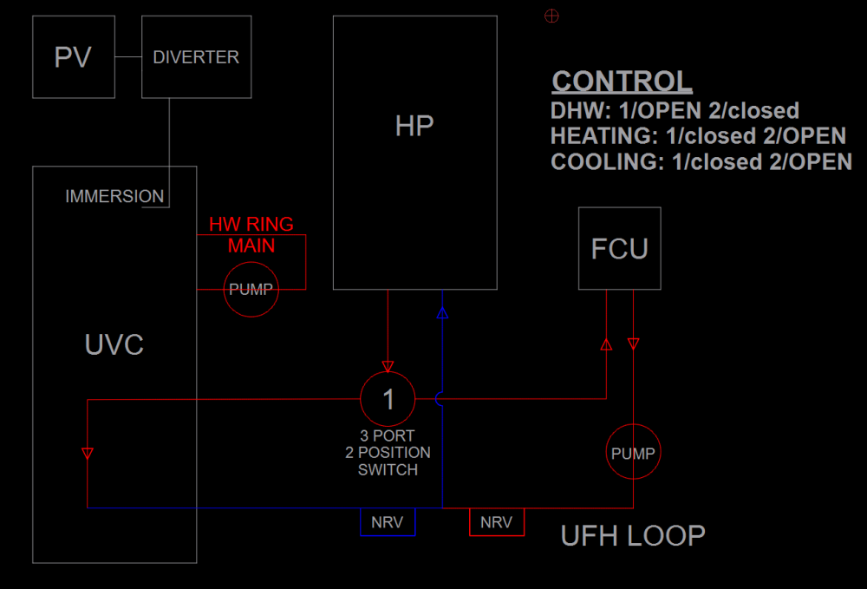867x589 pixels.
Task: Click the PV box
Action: click(74, 57)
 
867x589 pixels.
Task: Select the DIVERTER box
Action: click(196, 57)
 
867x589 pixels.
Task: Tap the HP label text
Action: click(414, 127)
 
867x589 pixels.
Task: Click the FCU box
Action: click(619, 249)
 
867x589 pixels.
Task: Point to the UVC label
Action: click(114, 345)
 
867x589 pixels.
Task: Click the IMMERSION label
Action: click(114, 197)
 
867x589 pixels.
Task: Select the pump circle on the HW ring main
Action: click(251, 290)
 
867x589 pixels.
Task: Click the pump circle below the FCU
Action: click(633, 453)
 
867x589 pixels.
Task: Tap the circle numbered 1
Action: click(388, 399)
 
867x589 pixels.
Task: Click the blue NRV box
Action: click(388, 522)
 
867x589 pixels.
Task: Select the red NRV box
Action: click(496, 522)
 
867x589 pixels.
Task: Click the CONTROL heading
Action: click(622, 82)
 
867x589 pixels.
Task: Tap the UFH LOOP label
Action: click(633, 536)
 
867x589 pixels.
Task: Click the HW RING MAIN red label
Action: click(251, 235)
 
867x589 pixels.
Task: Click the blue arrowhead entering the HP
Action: click(442, 312)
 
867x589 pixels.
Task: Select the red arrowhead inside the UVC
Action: click(87, 453)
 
